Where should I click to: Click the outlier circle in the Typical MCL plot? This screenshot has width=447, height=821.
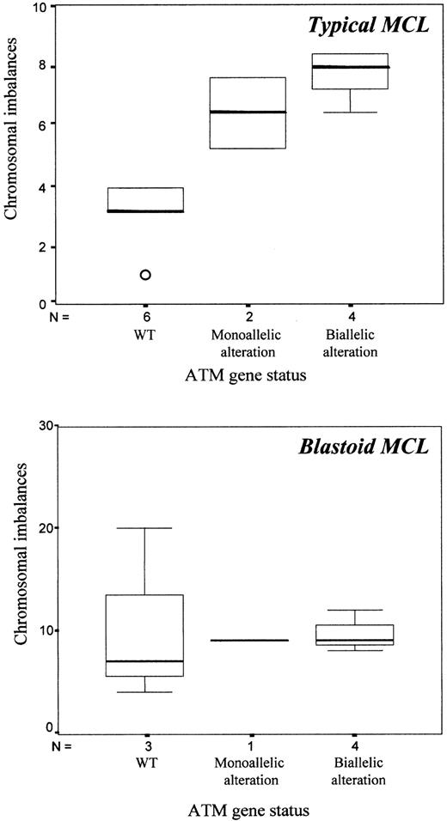tap(145, 275)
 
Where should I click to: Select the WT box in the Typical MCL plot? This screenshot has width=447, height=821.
tap(145, 199)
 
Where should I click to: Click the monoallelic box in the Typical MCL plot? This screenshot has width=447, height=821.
tap(248, 113)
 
